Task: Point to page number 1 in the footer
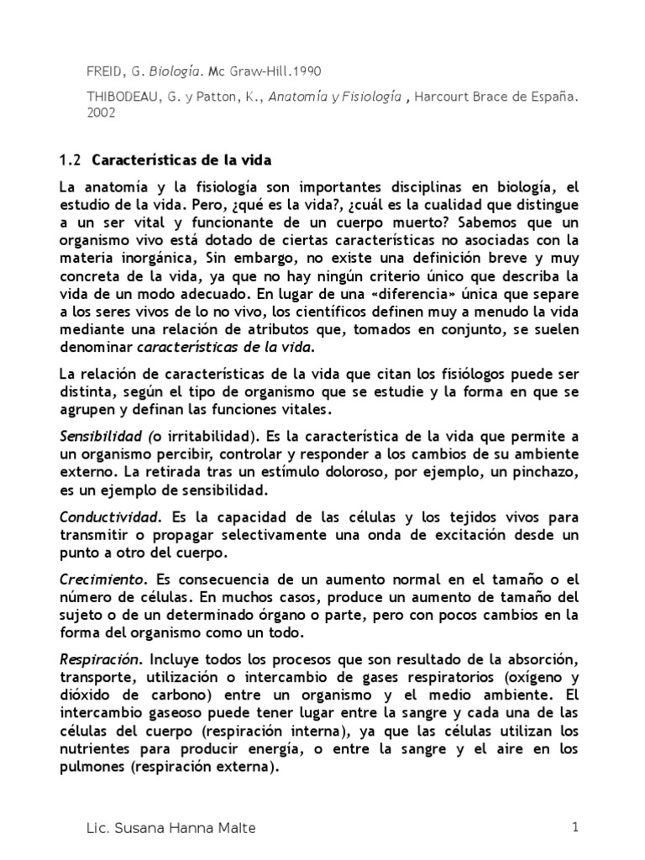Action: [x=575, y=827]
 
